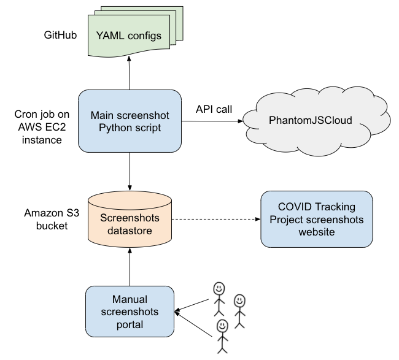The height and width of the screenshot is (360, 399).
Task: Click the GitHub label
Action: click(60, 35)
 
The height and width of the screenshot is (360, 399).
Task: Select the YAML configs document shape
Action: click(129, 36)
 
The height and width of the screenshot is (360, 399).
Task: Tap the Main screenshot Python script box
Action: click(130, 121)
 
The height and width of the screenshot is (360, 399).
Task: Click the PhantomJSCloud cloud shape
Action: click(311, 120)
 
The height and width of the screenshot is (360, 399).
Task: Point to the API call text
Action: click(214, 110)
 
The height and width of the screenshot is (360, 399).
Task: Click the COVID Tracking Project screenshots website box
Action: click(316, 219)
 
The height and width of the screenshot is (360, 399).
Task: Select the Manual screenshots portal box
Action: click(130, 311)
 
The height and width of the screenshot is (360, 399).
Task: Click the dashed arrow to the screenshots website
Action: click(215, 219)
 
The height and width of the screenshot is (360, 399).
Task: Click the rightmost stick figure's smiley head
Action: click(239, 300)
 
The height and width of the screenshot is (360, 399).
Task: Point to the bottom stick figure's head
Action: click(222, 325)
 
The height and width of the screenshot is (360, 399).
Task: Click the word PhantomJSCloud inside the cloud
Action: click(311, 120)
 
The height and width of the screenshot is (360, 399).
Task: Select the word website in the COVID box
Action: click(316, 232)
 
